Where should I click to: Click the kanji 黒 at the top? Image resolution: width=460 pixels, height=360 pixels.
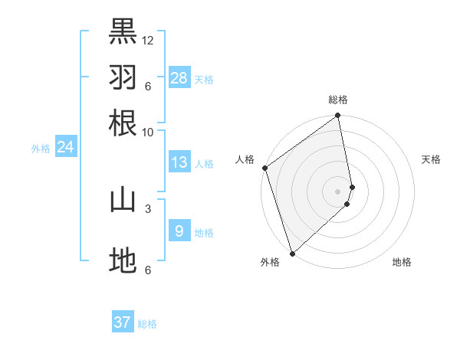(123, 31)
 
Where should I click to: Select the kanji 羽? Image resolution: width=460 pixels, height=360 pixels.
(123, 77)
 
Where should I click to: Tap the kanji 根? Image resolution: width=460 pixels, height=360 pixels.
(123, 123)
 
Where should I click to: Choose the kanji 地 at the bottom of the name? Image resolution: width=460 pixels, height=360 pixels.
(123, 260)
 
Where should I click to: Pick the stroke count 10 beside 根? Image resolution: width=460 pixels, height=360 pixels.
(148, 132)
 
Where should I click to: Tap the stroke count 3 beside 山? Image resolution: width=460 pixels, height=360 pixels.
(148, 208)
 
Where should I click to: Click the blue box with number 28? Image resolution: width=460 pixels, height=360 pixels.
(179, 77)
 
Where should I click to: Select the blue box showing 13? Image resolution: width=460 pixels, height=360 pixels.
(179, 162)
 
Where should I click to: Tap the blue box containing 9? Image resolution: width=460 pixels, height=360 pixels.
(179, 231)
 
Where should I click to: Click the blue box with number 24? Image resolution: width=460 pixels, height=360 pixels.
(65, 147)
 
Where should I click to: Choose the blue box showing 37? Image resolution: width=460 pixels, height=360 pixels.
(123, 322)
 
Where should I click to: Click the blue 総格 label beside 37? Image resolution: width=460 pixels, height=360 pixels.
(147, 324)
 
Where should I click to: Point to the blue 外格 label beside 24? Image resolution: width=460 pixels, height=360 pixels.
(41, 149)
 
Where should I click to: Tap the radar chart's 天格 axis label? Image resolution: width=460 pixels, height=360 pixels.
(431, 159)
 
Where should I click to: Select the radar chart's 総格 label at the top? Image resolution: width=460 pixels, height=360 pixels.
(338, 100)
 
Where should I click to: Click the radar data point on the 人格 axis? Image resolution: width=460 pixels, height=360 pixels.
(264, 168)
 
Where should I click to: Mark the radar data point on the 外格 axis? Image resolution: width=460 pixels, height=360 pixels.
(292, 253)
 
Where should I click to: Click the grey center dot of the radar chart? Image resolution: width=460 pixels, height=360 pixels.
(338, 190)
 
